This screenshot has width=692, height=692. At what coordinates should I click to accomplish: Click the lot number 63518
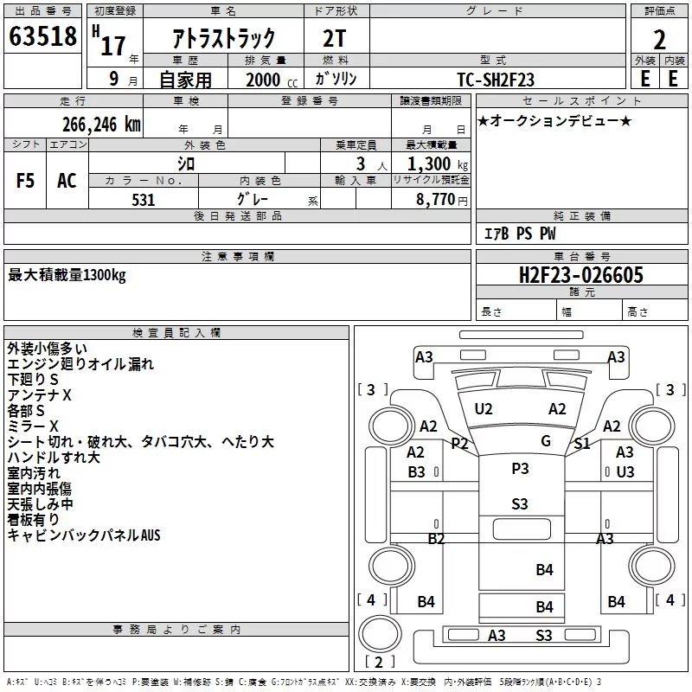tap(42, 36)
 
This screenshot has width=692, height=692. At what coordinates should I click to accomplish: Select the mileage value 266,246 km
tap(101, 125)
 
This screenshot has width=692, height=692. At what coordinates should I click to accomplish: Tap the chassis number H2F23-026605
tap(581, 275)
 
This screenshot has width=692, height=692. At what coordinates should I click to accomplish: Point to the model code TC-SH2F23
tap(496, 80)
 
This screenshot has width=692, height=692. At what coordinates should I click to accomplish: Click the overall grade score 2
tap(659, 40)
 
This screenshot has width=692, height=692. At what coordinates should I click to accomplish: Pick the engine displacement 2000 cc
tap(272, 80)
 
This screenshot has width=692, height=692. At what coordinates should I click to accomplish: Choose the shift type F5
tap(25, 181)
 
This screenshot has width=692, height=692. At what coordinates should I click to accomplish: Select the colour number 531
tap(144, 200)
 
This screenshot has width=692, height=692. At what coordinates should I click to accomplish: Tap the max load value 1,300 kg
tap(438, 164)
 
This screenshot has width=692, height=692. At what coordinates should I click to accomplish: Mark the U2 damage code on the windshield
tap(484, 409)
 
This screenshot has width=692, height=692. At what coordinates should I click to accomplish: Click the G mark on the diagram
tap(546, 440)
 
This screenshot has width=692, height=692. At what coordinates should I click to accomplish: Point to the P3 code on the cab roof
tap(520, 468)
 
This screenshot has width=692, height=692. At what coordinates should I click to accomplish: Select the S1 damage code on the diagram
tap(582, 443)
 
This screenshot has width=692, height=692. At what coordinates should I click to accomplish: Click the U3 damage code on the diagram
tap(625, 471)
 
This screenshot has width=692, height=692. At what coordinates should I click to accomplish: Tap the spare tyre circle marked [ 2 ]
tap(380, 633)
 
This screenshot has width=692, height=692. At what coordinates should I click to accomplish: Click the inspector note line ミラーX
tap(33, 426)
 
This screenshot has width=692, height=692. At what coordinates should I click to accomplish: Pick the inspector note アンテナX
tap(39, 395)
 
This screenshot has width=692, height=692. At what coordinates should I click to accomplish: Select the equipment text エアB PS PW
tap(520, 234)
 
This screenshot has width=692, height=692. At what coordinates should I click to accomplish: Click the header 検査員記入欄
tap(176, 333)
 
